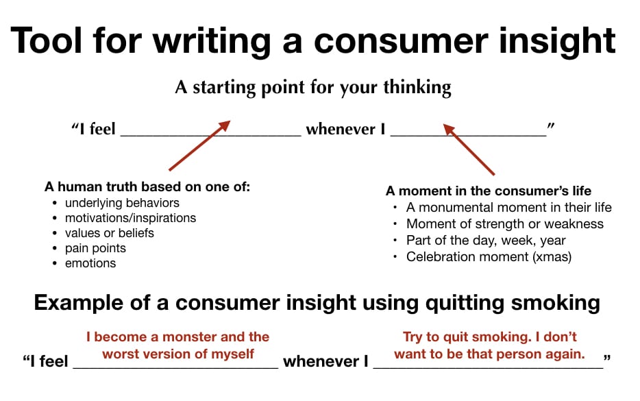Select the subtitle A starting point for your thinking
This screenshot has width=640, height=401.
313,87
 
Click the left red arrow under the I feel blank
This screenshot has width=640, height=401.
199,145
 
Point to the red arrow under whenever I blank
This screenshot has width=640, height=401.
469,149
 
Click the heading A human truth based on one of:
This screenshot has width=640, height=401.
147,186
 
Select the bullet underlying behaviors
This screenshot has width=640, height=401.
122,203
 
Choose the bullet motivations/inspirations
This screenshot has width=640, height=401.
131,218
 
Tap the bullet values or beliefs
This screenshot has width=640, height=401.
110,233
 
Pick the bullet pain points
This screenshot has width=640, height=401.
95,248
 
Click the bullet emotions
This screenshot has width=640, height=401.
90,263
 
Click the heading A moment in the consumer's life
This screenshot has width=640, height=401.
488,191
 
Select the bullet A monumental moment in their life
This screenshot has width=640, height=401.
509,208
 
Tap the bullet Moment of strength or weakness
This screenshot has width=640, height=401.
505,223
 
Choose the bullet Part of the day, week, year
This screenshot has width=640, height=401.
486,241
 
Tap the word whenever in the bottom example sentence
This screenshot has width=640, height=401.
321,361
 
